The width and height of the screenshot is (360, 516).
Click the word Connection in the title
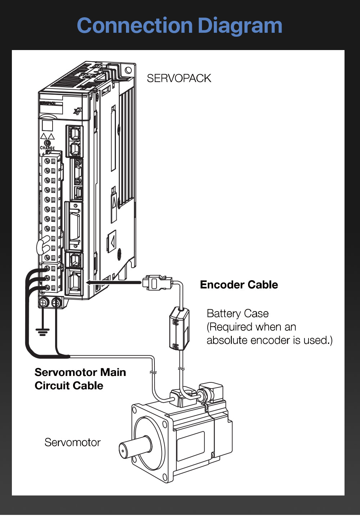[135, 26]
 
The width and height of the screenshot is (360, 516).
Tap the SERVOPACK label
[179, 78]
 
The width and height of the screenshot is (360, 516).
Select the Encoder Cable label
[239, 285]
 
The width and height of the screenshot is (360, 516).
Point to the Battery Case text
[238, 314]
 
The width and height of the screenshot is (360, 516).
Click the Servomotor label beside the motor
[72, 443]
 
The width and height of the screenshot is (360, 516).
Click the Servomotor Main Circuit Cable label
[80, 379]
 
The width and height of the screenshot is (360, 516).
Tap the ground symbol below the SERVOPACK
[42, 331]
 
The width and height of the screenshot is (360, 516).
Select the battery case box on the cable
[179, 328]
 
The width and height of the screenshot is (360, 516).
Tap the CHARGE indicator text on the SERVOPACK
[47, 148]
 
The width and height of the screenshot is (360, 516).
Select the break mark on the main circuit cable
[153, 372]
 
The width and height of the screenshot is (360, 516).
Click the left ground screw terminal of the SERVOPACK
[43, 303]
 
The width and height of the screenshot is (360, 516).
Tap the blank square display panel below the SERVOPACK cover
[48, 126]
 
